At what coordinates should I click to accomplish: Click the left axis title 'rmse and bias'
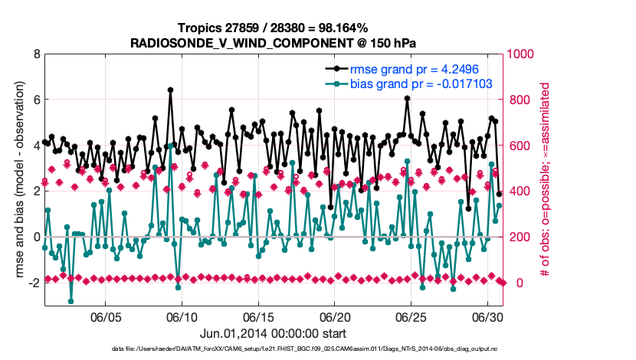tap(17, 180)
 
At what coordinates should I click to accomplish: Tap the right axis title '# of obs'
tap(546, 180)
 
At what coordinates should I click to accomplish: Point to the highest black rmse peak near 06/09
tap(170, 90)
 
